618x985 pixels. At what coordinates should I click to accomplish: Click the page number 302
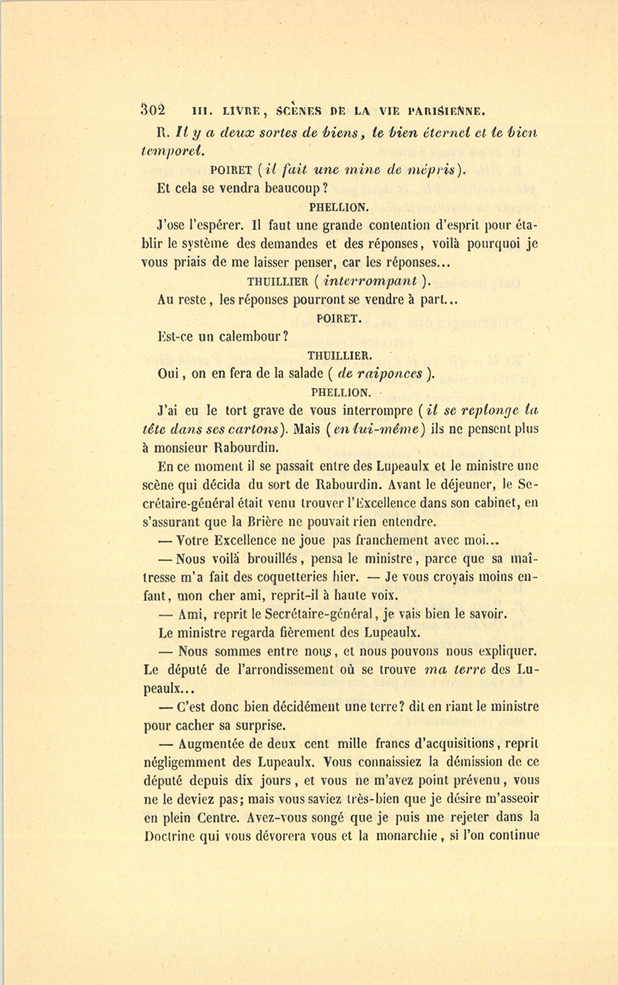pyautogui.click(x=152, y=109)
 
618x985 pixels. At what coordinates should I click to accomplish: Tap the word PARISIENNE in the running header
pyautogui.click(x=447, y=109)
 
